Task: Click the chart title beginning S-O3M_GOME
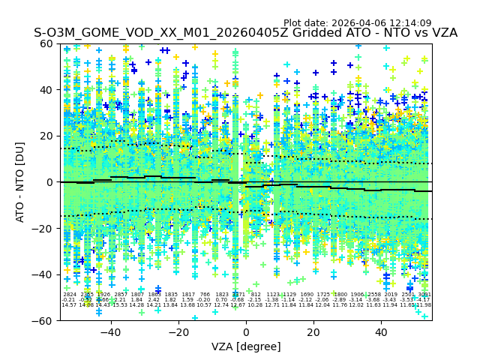245,34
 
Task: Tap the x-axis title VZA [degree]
245,346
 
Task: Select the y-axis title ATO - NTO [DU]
21,181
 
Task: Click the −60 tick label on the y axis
46,320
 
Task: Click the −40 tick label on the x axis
109,332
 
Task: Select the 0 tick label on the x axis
246,332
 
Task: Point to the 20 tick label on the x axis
313,332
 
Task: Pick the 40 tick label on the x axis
381,332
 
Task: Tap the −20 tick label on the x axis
178,332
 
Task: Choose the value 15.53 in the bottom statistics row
120,305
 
